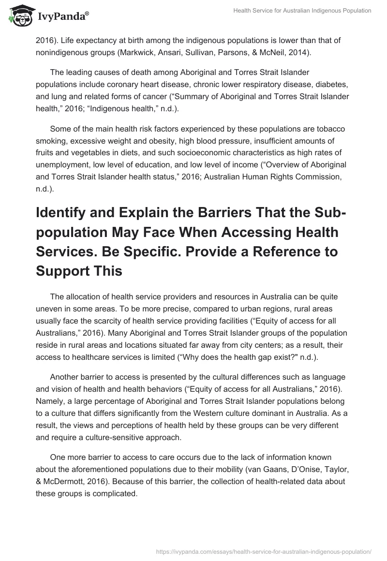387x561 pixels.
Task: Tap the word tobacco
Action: tap(329, 129)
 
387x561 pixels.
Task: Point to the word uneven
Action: tap(48, 308)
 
